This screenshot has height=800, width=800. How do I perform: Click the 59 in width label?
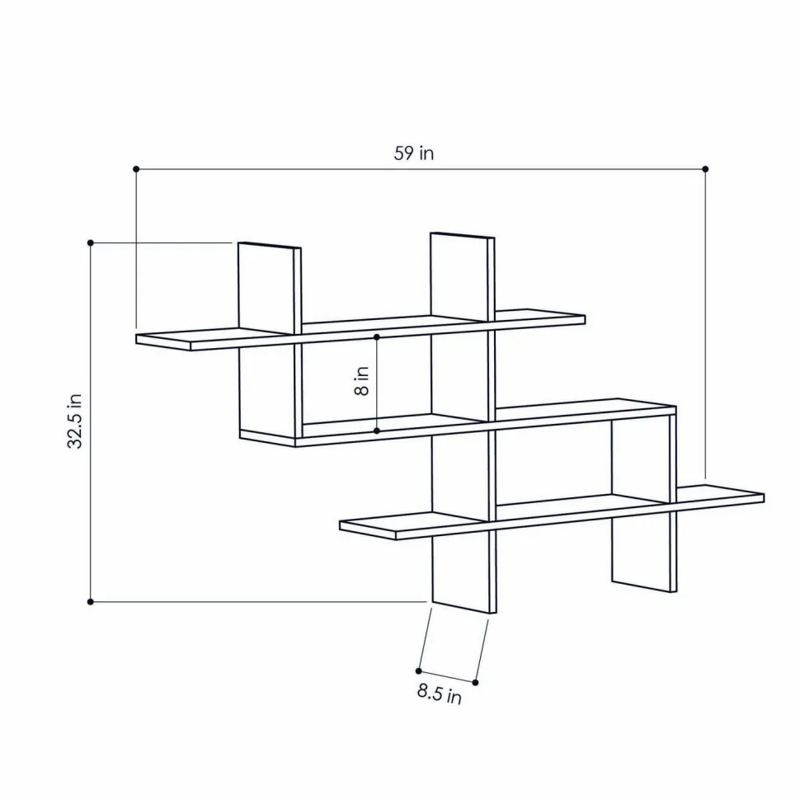click(414, 153)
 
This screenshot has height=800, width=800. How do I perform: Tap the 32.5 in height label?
click(75, 421)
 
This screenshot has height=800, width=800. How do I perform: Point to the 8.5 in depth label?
click(440, 694)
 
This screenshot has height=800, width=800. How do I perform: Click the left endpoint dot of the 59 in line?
click(136, 169)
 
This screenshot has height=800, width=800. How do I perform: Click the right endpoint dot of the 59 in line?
click(706, 169)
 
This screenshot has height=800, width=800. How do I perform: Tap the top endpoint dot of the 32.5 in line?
click(91, 242)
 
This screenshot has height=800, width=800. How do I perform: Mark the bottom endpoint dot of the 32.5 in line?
click(91, 602)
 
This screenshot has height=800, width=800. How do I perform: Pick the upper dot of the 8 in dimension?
click(377, 337)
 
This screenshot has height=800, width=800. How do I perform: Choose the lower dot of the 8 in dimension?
click(377, 431)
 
